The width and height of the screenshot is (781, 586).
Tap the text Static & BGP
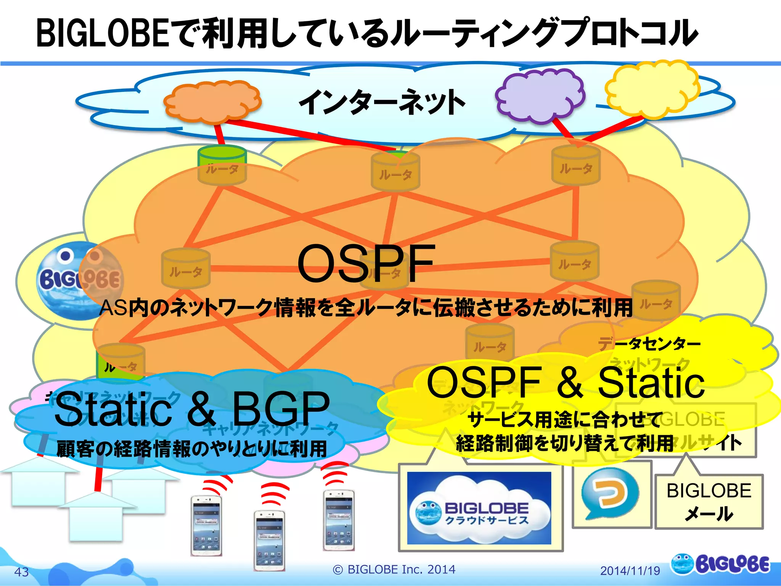coord(192,409)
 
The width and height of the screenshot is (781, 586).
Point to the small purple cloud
coord(540,95)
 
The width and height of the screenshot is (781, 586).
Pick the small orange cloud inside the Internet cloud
coord(212,101)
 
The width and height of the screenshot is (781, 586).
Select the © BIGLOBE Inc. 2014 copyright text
coord(394,569)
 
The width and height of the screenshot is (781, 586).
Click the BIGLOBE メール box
coord(709,502)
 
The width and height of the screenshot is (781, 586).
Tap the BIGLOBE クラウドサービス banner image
coord(479,508)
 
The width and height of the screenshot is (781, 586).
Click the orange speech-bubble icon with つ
coord(610,494)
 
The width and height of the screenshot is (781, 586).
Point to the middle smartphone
coord(270,540)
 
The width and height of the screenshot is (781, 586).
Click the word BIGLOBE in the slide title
coord(102,34)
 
